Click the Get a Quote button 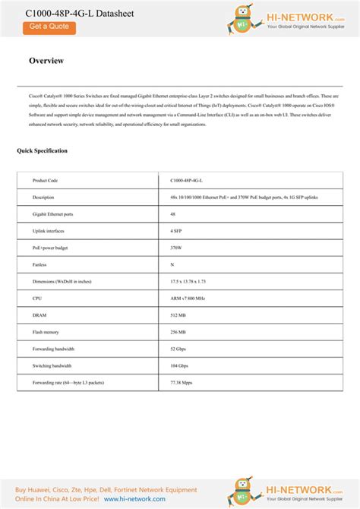tap(49, 27)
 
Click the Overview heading tap(46, 61)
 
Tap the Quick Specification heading tap(42, 150)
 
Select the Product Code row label tap(46, 181)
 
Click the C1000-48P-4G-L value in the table tap(186, 181)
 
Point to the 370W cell tap(176, 248)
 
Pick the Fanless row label tap(39, 264)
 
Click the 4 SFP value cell tap(176, 231)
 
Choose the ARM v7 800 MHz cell tap(188, 299)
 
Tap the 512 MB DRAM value tap(178, 315)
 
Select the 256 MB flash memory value tap(178, 332)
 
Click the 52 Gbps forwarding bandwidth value tap(178, 349)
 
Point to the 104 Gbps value tap(179, 365)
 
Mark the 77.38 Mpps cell tap(182, 382)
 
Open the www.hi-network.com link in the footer tap(134, 499)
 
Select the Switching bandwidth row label tap(54, 365)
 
